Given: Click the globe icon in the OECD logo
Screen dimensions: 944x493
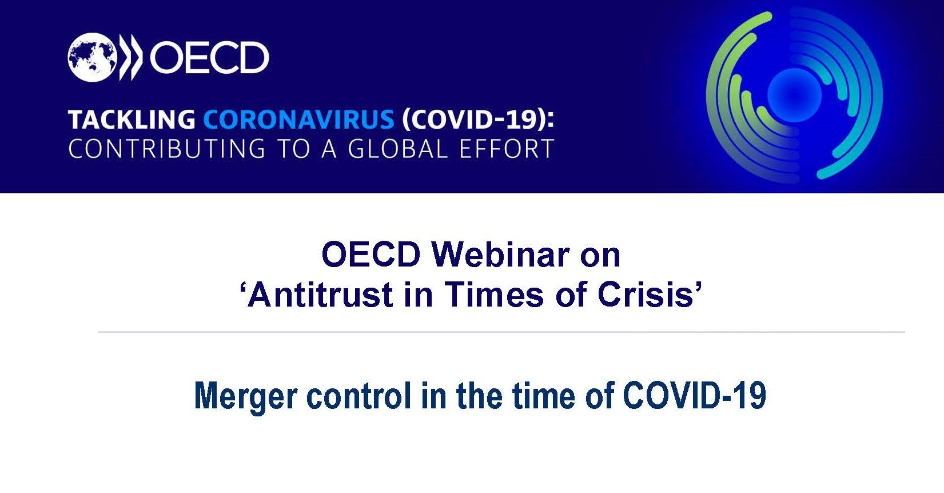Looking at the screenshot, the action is [92, 57].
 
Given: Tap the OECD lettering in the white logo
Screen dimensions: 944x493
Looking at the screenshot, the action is [209, 57].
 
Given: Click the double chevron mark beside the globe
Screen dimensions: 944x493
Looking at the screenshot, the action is [131, 57].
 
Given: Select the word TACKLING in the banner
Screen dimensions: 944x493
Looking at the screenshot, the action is [132, 120].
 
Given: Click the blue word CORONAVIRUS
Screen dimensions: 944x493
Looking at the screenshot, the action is [299, 120].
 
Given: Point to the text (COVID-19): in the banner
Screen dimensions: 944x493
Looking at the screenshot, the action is [478, 120].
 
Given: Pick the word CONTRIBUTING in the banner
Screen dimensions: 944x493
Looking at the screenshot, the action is [167, 149].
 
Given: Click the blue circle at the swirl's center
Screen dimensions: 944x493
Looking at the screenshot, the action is [794, 96].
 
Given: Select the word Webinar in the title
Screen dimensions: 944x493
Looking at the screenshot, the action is [500, 255].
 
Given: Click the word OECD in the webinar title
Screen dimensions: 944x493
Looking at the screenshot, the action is [371, 255].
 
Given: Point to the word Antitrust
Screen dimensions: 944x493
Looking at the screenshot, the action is [320, 295].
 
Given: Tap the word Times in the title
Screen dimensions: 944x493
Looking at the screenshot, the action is [495, 295].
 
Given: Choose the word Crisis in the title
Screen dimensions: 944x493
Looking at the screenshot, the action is [646, 295].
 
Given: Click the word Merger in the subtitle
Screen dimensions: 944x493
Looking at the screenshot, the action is [246, 396].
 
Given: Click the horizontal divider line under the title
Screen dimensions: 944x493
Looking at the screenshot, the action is [501, 332].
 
